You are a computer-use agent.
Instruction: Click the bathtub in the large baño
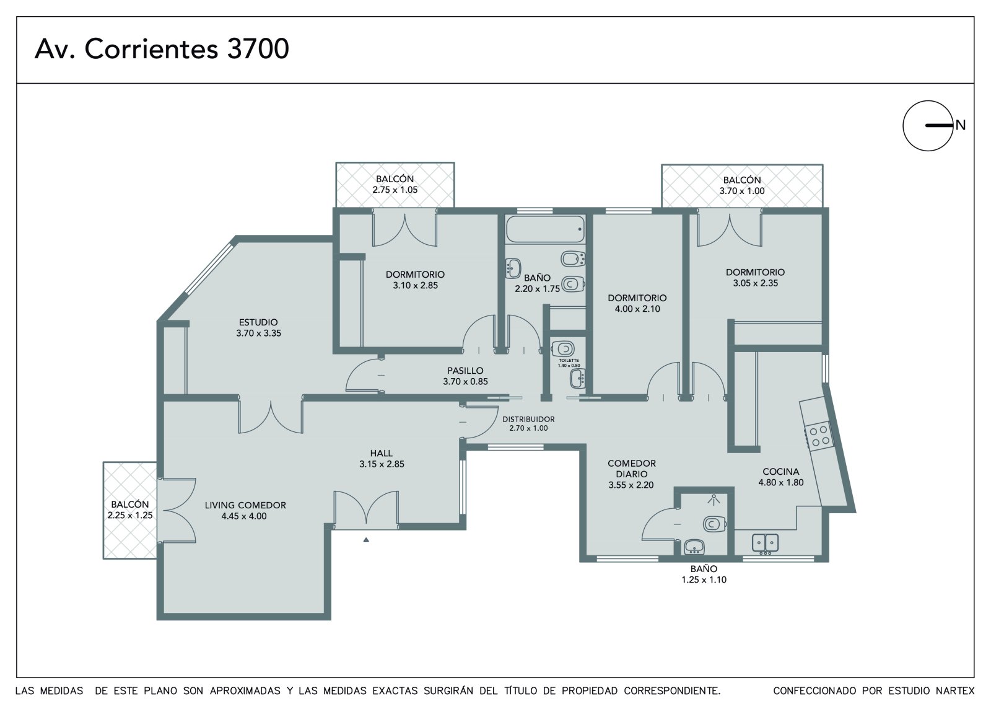(546, 229)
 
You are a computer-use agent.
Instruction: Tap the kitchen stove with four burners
(818, 436)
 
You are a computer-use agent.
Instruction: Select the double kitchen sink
(765, 544)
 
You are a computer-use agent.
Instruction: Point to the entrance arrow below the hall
(366, 539)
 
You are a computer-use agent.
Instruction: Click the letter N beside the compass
(960, 125)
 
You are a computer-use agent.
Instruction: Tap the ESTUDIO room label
(258, 322)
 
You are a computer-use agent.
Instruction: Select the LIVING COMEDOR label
(245, 505)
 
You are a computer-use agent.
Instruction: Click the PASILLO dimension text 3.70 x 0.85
(465, 381)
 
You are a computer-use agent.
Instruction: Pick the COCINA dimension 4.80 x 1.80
(781, 482)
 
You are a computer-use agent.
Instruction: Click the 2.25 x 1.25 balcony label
(130, 515)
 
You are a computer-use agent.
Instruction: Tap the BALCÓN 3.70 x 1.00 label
(742, 185)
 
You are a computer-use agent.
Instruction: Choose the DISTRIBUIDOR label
(528, 419)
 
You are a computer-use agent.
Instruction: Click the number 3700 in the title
(258, 49)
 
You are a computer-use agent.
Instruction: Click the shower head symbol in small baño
(713, 500)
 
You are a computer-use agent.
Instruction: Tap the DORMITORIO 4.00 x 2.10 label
(637, 303)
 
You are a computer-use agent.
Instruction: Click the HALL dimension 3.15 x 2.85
(382, 464)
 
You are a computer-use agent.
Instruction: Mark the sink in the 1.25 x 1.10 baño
(694, 547)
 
